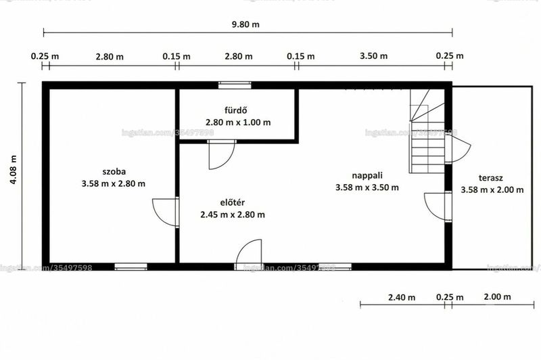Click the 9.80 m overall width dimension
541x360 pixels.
coord(245,24)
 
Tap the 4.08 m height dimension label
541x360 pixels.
coord(13,169)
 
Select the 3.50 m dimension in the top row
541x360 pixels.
coord(374,56)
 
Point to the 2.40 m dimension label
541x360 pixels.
coord(402,297)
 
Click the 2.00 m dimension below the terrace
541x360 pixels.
coord(497,297)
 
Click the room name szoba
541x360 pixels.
coord(114,172)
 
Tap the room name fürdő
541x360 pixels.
coord(236,110)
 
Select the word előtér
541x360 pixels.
coord(233,202)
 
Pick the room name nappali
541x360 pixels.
coord(367,176)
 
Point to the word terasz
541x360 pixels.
coord(491,178)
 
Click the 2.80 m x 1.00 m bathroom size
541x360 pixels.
coord(238,122)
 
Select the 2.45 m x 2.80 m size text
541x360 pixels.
coord(233,215)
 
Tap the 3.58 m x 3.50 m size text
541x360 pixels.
coord(367,187)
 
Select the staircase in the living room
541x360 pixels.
coord(427,131)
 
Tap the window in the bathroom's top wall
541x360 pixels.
coord(235,85)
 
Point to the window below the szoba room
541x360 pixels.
coord(131,267)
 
